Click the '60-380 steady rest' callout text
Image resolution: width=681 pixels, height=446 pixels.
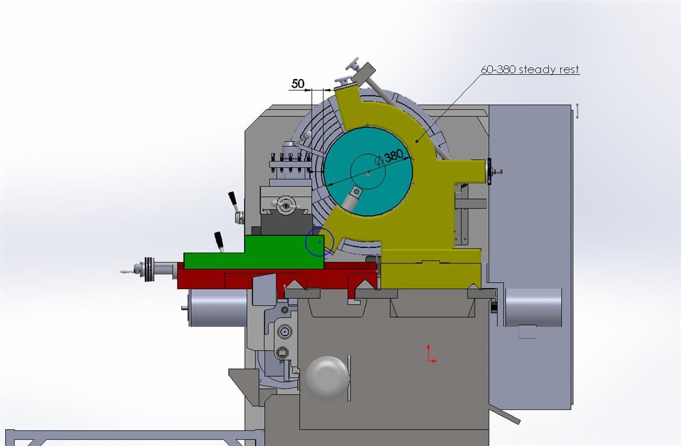click(x=530, y=70)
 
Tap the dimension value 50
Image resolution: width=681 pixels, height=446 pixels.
click(x=298, y=84)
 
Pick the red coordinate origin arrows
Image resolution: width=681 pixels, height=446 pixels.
click(x=431, y=354)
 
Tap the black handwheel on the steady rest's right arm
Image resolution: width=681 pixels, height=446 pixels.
click(x=489, y=172)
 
